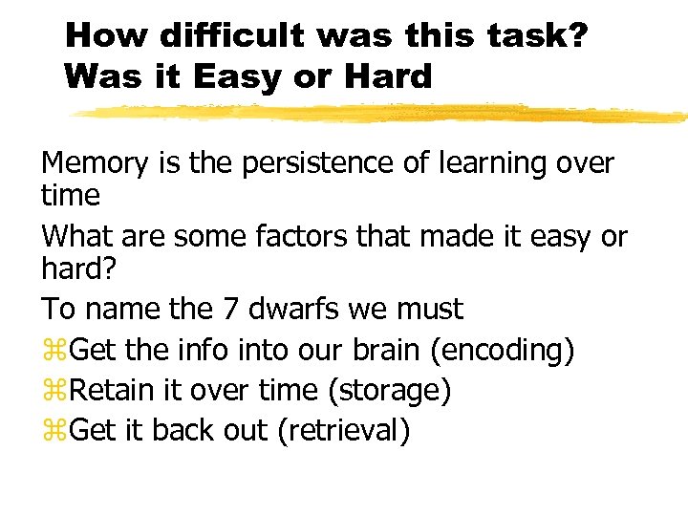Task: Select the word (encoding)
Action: pyautogui.click(x=503, y=350)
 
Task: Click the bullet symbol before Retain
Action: pyautogui.click(x=54, y=391)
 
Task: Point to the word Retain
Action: pyautogui.click(x=108, y=390)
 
